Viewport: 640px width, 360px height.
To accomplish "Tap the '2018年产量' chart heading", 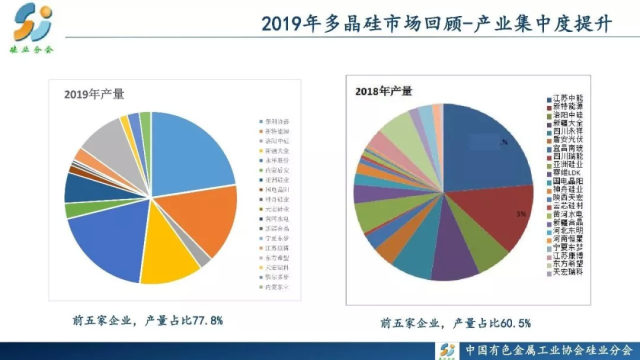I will (384, 91).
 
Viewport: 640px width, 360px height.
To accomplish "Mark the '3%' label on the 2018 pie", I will (520, 214).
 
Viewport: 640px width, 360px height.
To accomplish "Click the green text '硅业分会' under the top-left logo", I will (32, 48).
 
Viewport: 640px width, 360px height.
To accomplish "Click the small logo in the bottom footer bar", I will (448, 348).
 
